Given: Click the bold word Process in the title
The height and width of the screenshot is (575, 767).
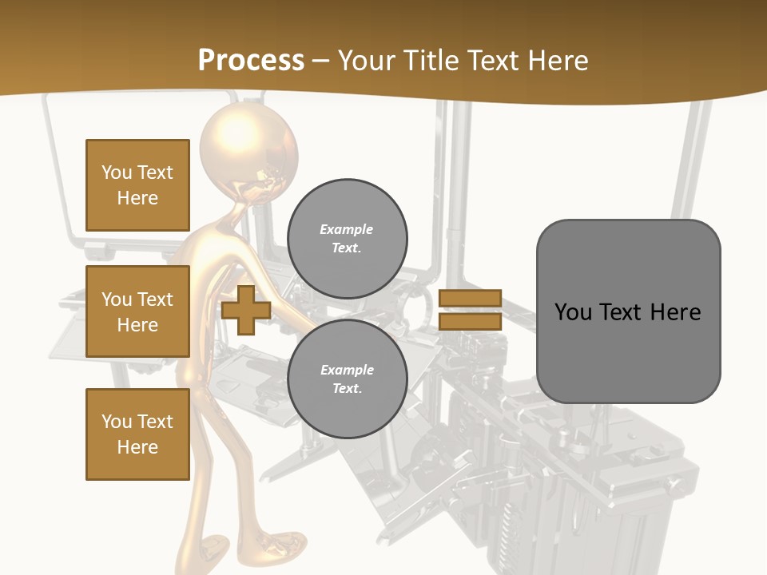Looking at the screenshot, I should coord(251,61).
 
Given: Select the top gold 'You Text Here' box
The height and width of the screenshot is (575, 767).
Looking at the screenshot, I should coord(137,185).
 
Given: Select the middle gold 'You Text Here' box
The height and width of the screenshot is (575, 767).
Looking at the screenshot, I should coord(137,311).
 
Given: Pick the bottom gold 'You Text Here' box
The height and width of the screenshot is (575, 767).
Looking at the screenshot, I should coord(137,434).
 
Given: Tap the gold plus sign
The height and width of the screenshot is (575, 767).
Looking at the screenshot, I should coord(246,311).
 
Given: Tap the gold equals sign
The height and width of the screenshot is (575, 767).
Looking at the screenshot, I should coord(470,310).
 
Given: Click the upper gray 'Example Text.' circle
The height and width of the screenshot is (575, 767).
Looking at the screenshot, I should coord(347,238).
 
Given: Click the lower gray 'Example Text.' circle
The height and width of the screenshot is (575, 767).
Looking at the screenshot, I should coord(347,379).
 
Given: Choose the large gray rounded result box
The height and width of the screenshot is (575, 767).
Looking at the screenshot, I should coord(628,311).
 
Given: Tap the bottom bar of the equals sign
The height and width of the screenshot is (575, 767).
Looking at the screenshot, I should coord(470,321).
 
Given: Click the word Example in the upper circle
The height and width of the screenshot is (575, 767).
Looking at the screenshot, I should coord(347,229).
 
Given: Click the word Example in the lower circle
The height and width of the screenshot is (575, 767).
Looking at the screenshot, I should coord(347,370).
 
